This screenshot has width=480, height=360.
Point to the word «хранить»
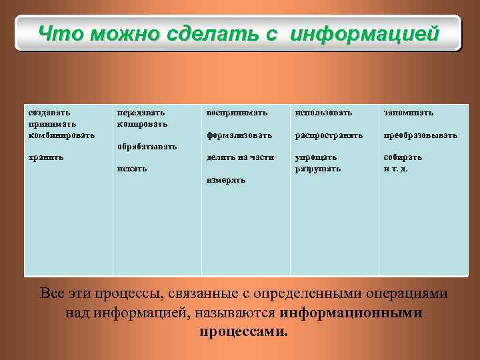(46, 157)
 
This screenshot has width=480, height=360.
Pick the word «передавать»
(141, 113)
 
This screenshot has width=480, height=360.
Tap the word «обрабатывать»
(147, 146)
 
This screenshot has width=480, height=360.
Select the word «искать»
(131, 169)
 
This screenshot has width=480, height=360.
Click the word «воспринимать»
(237, 113)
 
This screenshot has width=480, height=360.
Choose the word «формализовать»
(239, 135)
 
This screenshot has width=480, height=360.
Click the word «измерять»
(226, 180)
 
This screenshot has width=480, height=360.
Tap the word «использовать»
(323, 113)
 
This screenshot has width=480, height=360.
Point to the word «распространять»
(329, 135)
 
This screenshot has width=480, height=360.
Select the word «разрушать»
(317, 169)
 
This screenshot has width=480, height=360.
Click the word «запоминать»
(408, 113)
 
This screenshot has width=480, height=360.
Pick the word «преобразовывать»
(420, 135)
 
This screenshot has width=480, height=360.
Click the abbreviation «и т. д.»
(395, 169)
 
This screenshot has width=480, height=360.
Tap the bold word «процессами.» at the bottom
(244, 331)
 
